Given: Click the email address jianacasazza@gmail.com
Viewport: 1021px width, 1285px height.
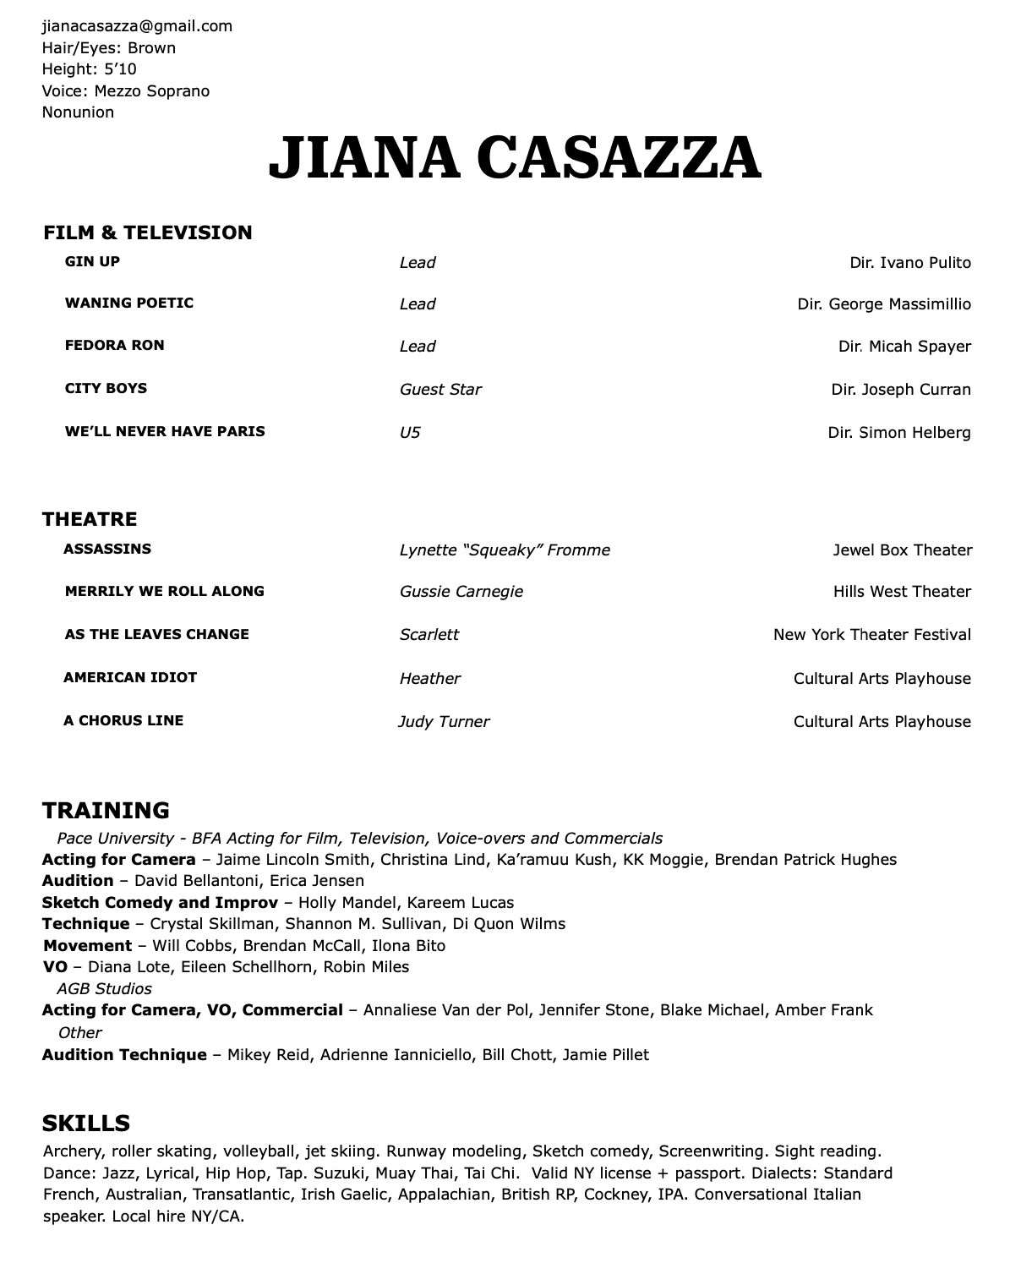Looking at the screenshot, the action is (x=137, y=26).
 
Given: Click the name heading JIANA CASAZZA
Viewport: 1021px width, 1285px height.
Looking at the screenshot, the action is (x=515, y=158).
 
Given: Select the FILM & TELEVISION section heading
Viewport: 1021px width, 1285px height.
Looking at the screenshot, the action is (x=148, y=232).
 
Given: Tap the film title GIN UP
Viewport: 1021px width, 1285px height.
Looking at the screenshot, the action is (x=92, y=261).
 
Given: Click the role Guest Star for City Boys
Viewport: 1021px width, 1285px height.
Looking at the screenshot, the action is (x=440, y=390).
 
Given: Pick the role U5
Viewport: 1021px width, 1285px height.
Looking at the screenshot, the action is (x=410, y=433).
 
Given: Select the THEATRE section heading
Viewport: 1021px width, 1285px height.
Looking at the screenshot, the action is (x=90, y=519).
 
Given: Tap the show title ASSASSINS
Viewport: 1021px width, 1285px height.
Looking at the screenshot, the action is (x=107, y=549).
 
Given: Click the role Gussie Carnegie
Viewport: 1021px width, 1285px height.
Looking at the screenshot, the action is (x=461, y=592).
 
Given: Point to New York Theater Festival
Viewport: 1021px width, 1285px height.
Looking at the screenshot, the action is (x=872, y=635).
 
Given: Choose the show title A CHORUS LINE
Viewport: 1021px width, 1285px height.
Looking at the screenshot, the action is (x=123, y=720).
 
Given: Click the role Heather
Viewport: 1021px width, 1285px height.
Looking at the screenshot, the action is (x=430, y=679).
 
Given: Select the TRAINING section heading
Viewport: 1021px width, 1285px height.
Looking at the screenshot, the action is (x=106, y=810).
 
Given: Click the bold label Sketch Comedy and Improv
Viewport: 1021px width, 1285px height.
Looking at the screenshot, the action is (x=160, y=902).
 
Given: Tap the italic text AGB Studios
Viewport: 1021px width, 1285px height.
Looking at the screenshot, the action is (x=104, y=988).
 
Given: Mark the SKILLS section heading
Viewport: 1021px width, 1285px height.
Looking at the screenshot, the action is (x=86, y=1124).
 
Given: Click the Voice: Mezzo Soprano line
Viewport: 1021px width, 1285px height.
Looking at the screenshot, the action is (x=126, y=90).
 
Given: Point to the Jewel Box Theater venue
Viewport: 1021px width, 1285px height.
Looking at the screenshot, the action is (x=903, y=550).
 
